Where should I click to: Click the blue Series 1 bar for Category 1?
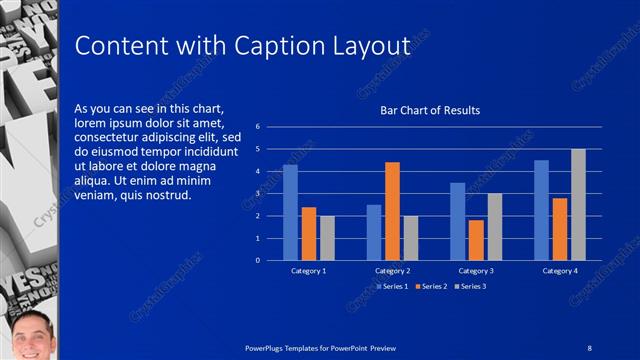click(x=290, y=213)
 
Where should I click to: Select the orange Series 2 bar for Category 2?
click(x=392, y=211)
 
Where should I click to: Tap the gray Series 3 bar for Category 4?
click(x=578, y=205)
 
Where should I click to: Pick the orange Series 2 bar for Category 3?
click(x=476, y=240)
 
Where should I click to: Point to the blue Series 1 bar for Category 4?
click(x=541, y=210)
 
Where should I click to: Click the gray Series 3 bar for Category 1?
click(x=327, y=238)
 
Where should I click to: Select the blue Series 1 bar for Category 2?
click(x=374, y=232)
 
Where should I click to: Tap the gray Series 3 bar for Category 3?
click(x=494, y=227)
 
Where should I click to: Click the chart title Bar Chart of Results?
click(x=430, y=110)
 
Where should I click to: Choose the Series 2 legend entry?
click(x=431, y=287)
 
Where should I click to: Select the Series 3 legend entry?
click(x=470, y=287)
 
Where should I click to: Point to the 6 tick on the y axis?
click(x=258, y=127)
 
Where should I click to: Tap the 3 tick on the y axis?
click(x=258, y=194)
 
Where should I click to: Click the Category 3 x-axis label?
click(x=476, y=271)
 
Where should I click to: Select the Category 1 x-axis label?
click(x=308, y=271)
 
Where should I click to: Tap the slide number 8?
click(x=590, y=347)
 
